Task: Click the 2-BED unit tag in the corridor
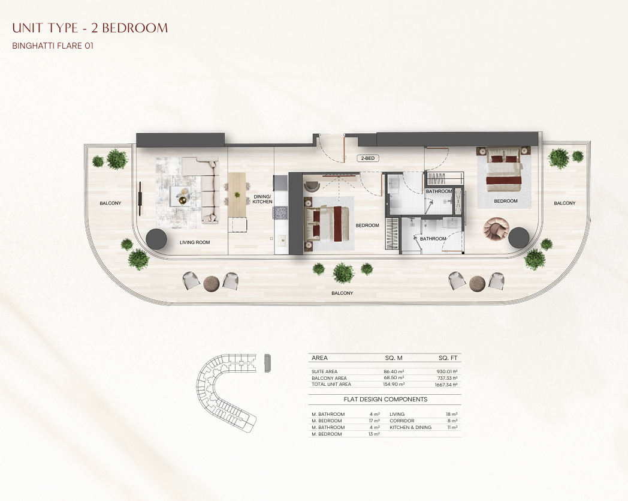pos(368,158)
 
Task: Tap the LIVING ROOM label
pos(195,242)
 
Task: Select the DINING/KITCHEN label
pos(262,199)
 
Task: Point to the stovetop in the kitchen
pos(280,212)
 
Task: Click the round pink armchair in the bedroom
pos(496,229)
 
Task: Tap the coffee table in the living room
pos(180,196)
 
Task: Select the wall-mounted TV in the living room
pos(140,199)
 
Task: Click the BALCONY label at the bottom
pos(342,293)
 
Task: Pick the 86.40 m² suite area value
pos(394,371)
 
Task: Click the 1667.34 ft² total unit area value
pos(446,384)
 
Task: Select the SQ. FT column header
pos(448,358)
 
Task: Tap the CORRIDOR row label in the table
pos(401,421)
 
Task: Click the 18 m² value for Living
pos(452,414)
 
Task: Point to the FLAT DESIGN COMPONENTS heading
pos(385,399)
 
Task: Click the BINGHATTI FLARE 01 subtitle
pos(53,46)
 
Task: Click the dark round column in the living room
pos(156,239)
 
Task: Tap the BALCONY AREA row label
pos(329,378)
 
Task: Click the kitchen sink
pos(282,240)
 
